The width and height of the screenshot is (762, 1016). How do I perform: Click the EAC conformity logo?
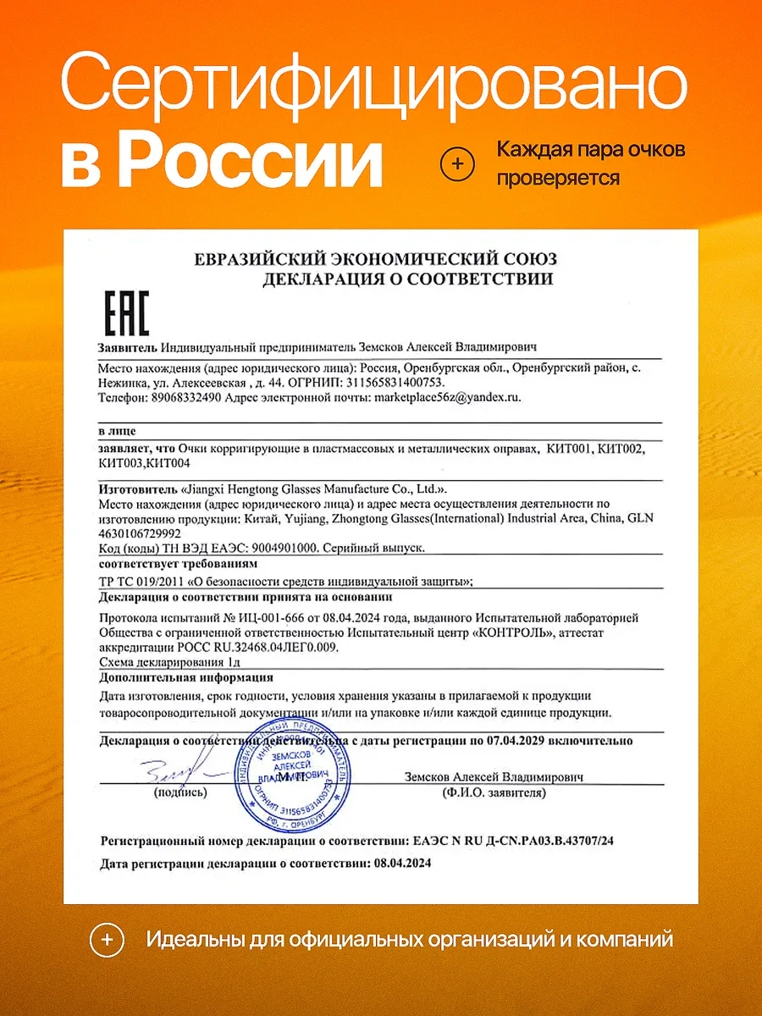pyautogui.click(x=125, y=312)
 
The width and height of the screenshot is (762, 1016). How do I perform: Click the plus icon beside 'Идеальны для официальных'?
pyautogui.click(x=107, y=940)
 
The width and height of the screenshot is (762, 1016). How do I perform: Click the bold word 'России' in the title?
pyautogui.click(x=250, y=162)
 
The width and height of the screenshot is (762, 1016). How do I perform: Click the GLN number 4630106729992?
pyautogui.click(x=140, y=533)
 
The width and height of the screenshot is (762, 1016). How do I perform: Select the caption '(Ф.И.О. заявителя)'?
pyautogui.click(x=494, y=793)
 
